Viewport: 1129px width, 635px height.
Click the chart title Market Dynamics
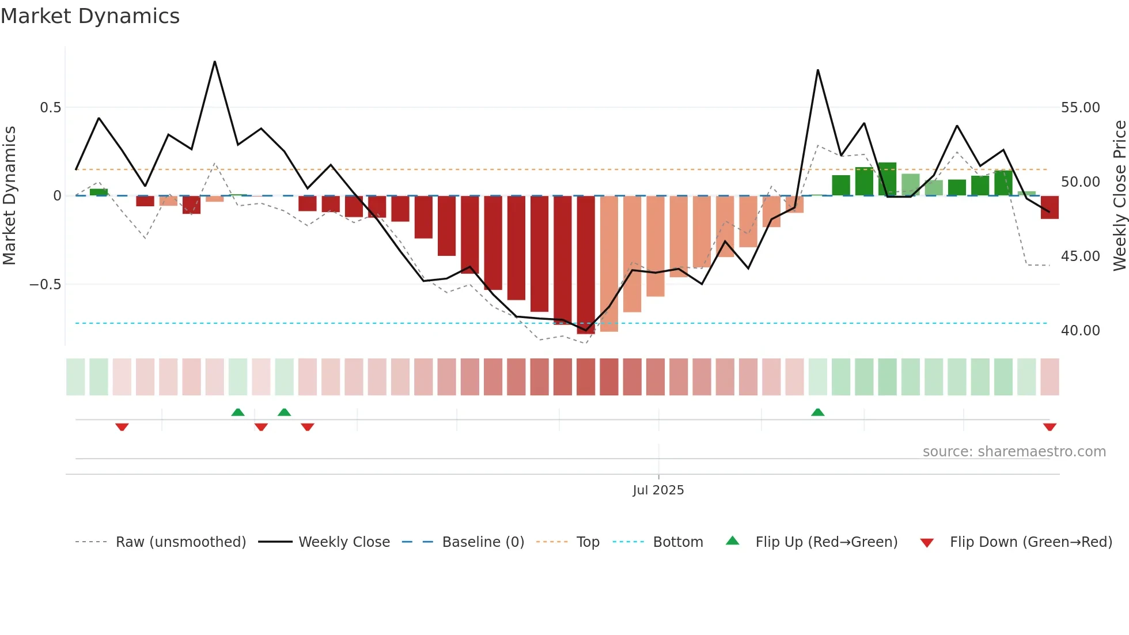pyautogui.click(x=90, y=16)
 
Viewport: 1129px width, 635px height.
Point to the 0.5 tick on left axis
pyautogui.click(x=50, y=108)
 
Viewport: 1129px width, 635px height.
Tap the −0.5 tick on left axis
pyautogui.click(x=45, y=285)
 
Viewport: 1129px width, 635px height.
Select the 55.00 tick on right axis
pyautogui.click(x=1080, y=108)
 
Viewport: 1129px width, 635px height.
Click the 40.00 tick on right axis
pyautogui.click(x=1080, y=331)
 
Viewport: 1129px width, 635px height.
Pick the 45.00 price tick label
pyautogui.click(x=1080, y=256)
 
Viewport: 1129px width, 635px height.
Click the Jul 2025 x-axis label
pyautogui.click(x=658, y=490)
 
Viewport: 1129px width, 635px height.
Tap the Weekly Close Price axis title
pyautogui.click(x=1119, y=196)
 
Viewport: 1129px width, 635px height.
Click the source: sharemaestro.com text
pyautogui.click(x=1014, y=452)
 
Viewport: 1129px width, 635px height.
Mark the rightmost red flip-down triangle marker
pyautogui.click(x=1050, y=427)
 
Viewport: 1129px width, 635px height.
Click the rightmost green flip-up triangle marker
pyautogui.click(x=817, y=412)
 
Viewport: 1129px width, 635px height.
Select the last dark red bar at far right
pyautogui.click(x=1050, y=207)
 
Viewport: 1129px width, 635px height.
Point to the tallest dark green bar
pyautogui.click(x=887, y=179)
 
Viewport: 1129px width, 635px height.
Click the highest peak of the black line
pyautogui.click(x=215, y=62)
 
